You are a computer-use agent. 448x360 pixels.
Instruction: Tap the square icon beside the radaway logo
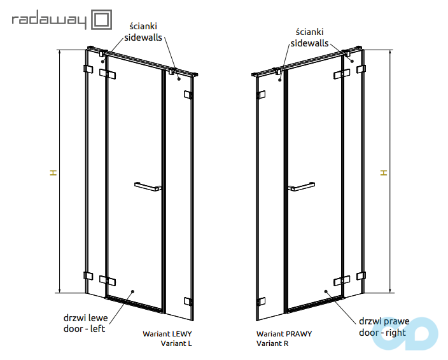101,20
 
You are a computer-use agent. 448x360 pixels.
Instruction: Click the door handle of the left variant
148,186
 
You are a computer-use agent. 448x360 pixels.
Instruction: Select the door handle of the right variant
302,186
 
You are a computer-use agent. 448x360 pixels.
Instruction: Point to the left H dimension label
53,172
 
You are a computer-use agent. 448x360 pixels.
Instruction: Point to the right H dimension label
384,172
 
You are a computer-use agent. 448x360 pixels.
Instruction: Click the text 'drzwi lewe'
85,318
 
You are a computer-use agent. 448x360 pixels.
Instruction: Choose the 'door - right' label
382,333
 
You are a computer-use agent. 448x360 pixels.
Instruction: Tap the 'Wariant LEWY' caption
167,334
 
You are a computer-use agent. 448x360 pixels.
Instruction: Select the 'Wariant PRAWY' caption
284,334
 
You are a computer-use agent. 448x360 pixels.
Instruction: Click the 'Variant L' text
176,343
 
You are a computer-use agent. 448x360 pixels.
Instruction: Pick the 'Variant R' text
272,343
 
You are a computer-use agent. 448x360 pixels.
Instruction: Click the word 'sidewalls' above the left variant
143,38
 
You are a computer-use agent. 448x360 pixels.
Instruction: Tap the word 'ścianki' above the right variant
310,32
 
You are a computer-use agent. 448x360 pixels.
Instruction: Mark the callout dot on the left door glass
132,291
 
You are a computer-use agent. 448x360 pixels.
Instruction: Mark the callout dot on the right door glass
326,291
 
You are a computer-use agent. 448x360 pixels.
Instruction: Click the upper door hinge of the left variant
108,74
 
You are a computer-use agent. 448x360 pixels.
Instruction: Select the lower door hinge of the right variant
342,280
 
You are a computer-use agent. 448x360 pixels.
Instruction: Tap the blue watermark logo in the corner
405,333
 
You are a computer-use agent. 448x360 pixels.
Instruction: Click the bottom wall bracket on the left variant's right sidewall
188,301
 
